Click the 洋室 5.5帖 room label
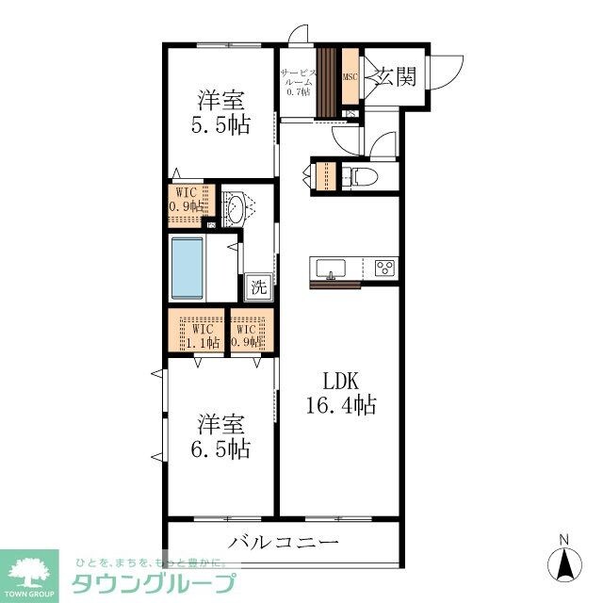coord(223,112)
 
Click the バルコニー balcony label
coord(283,544)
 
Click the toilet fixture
coord(359,176)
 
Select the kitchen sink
coord(332,268)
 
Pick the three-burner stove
coord(384,267)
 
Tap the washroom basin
coord(236,209)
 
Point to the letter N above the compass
coord(564,539)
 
